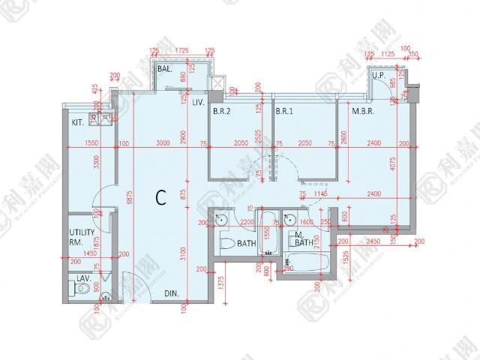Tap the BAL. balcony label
tap(165, 70)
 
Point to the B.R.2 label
tap(221, 113)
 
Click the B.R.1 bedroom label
tap(283, 113)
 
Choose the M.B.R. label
tap(364, 113)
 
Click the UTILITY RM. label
tap(79, 238)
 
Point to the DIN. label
tap(172, 295)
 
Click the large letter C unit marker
tap(160, 197)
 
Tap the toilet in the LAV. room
tap(84, 288)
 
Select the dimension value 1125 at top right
tap(388, 54)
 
